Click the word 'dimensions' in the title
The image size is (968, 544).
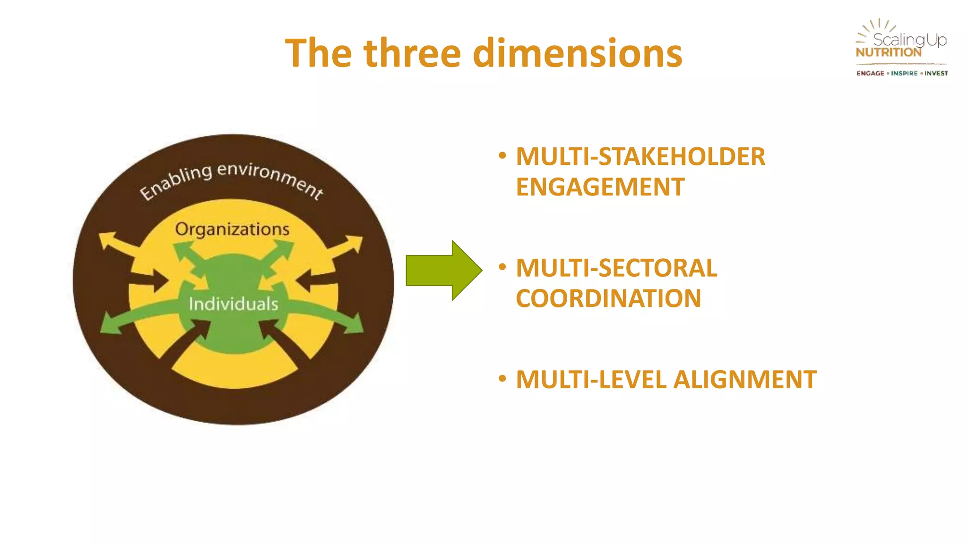(578, 53)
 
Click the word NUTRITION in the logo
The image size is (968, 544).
(888, 52)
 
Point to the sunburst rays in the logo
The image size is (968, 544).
(874, 27)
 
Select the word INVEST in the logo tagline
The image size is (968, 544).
(936, 73)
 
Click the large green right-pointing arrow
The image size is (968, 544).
(443, 270)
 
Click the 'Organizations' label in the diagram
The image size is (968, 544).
(232, 229)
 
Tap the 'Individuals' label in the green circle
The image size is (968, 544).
(233, 304)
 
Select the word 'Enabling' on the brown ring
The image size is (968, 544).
(176, 182)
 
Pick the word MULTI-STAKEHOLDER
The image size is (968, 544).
(640, 157)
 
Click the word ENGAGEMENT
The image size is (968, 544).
(600, 187)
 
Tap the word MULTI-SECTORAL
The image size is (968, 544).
(616, 268)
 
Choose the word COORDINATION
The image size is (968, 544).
(608, 298)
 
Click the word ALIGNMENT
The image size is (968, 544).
(745, 380)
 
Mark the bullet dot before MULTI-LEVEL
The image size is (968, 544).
(502, 378)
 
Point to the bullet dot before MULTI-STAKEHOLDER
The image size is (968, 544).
(502, 155)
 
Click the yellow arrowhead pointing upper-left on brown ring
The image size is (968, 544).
(108, 239)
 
